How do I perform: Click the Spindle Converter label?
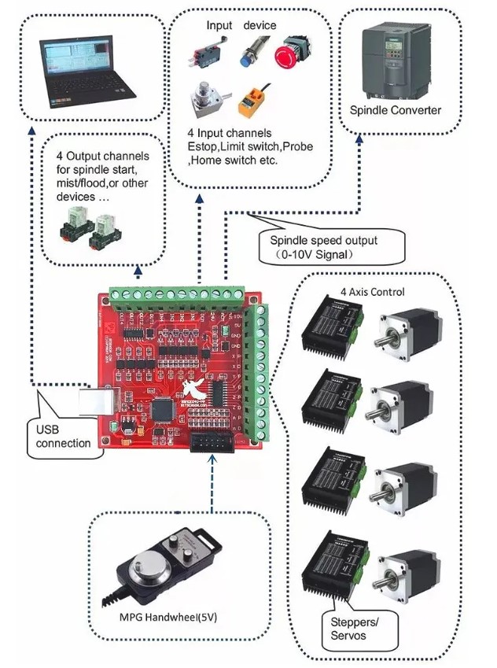tap(396, 110)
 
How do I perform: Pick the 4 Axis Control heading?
tap(372, 292)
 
